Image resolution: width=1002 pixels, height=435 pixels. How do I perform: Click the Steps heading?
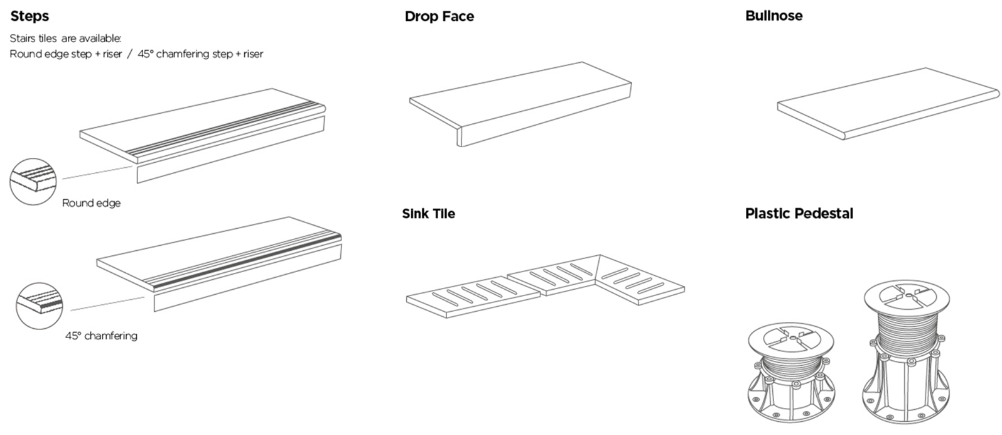click(x=30, y=16)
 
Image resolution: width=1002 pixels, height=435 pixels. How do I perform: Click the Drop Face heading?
click(x=439, y=16)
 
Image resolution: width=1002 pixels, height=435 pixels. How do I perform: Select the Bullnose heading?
click(x=773, y=16)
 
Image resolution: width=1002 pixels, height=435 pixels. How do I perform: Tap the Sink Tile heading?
click(x=428, y=214)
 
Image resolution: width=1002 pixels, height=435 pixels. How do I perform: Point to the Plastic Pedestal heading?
click(x=799, y=214)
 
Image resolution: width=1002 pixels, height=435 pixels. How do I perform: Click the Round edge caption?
click(x=91, y=203)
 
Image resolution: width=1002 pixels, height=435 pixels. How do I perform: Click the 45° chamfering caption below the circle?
click(x=101, y=336)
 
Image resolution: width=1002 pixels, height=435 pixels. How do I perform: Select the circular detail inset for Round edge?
click(x=33, y=182)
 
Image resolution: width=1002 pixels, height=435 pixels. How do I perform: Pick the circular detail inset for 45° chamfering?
click(x=40, y=306)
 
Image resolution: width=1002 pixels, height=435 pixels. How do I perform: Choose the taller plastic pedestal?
click(x=905, y=358)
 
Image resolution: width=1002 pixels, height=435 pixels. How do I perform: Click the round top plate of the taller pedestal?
click(x=905, y=298)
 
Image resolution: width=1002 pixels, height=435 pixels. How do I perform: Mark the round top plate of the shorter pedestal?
click(x=792, y=339)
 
